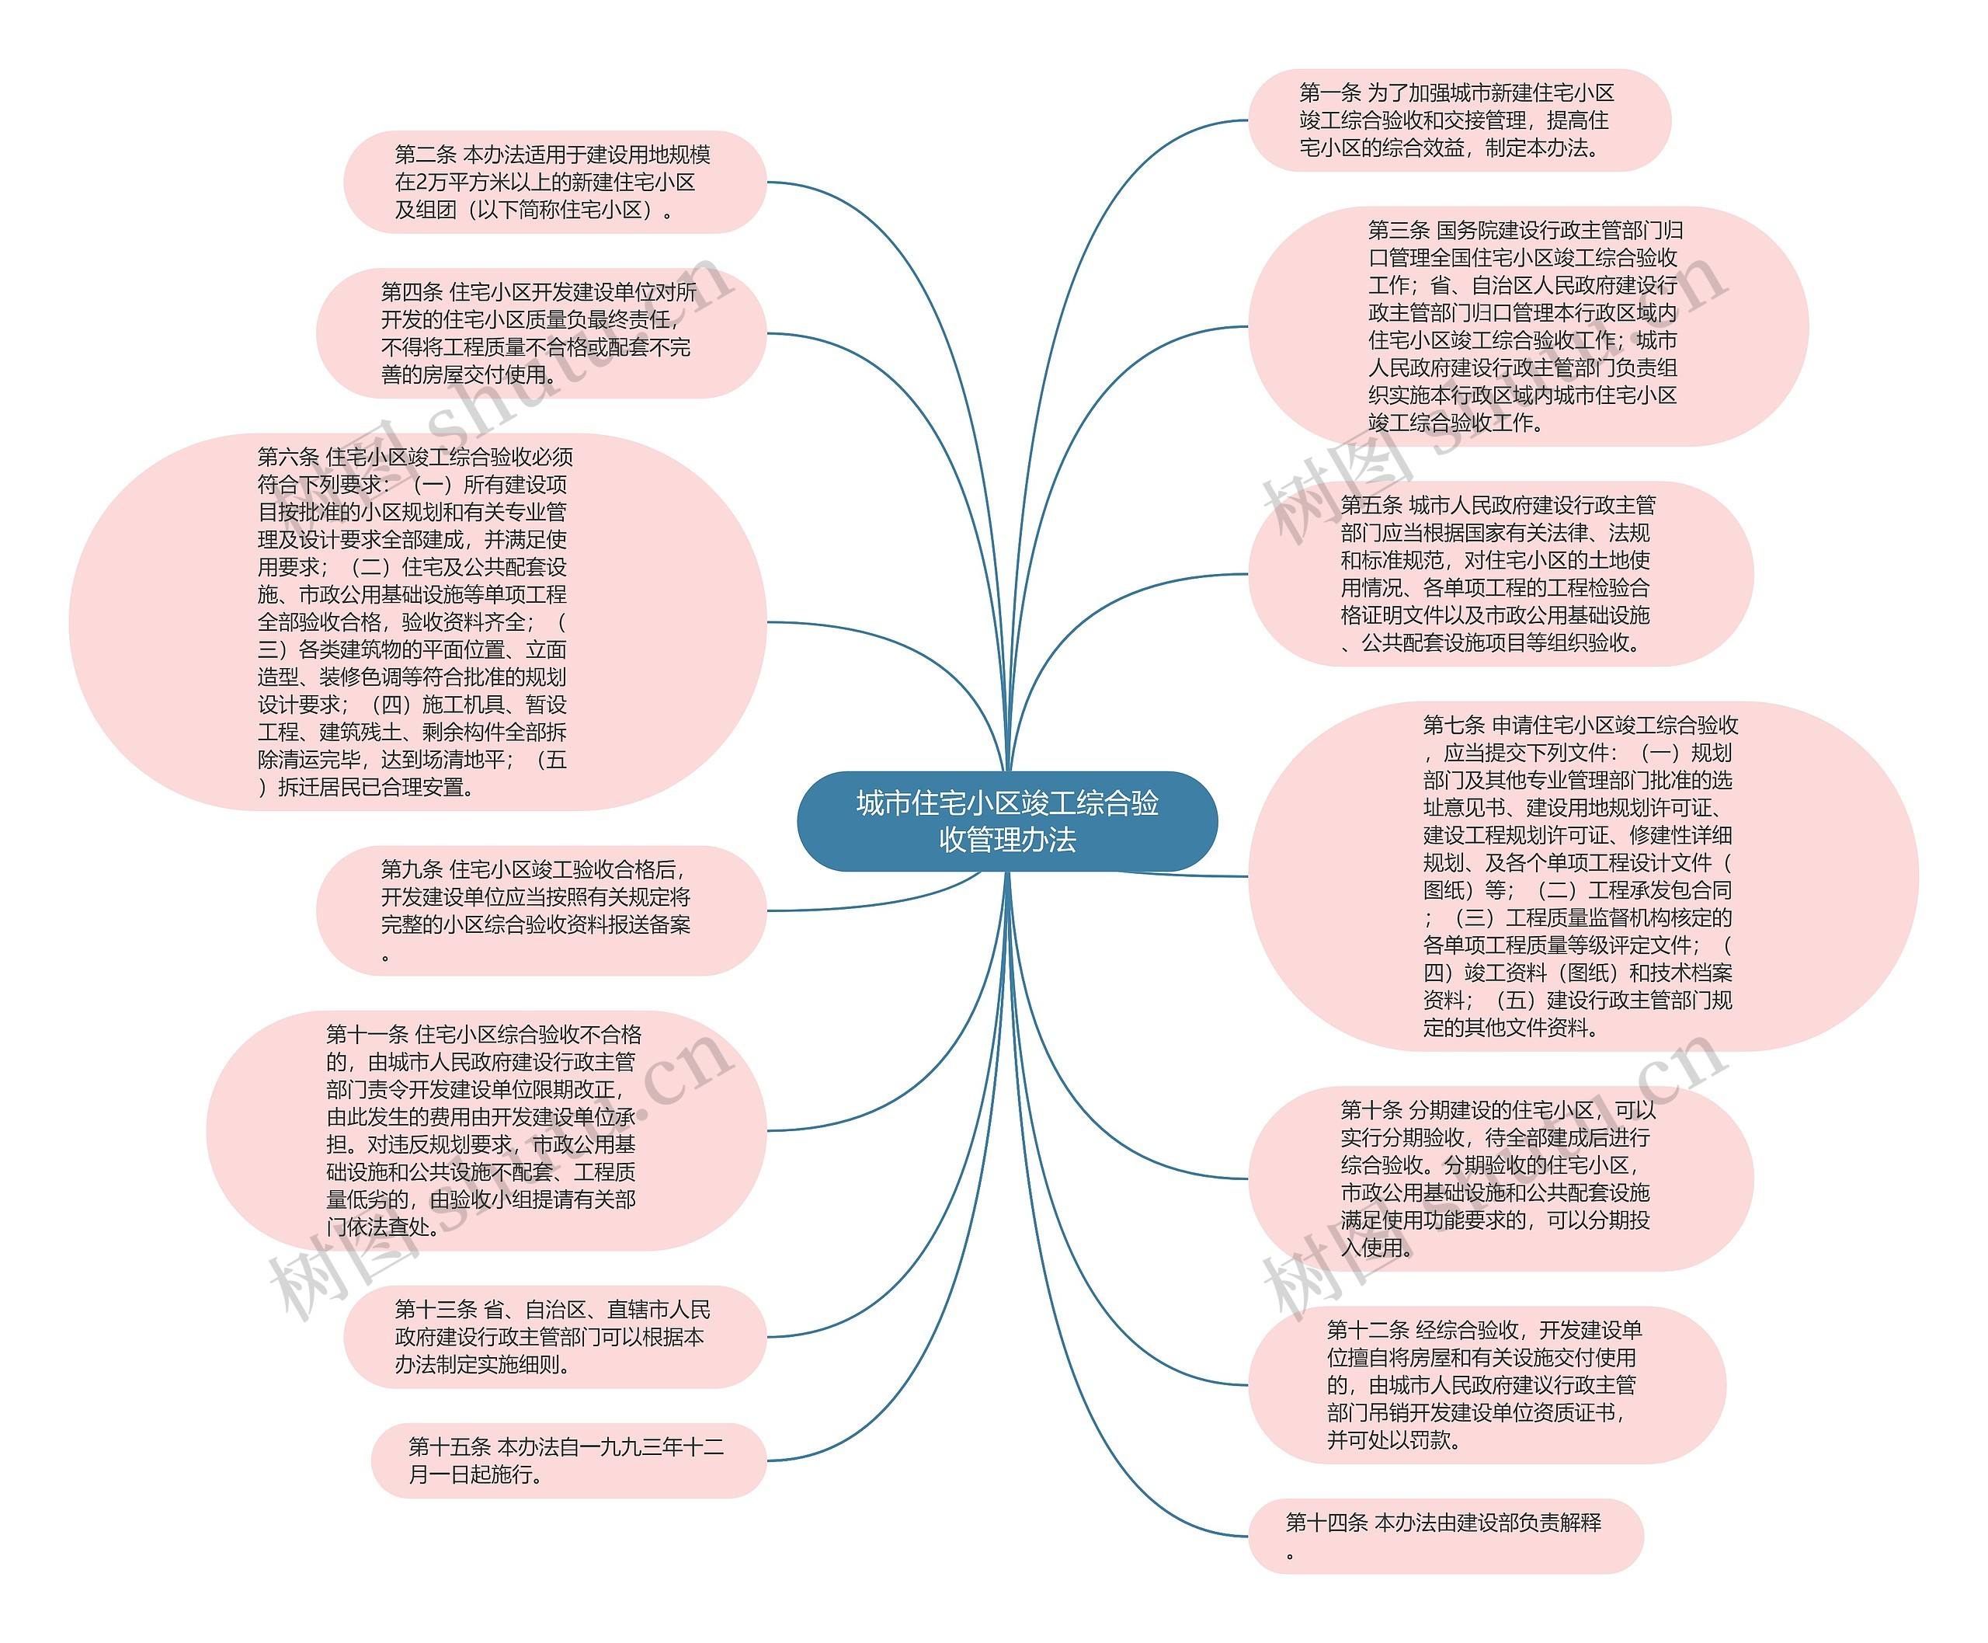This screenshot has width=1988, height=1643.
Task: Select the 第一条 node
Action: tap(1458, 120)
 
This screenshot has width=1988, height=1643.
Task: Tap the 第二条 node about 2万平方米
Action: tap(554, 182)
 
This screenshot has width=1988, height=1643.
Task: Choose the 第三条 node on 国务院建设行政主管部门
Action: tap(1527, 326)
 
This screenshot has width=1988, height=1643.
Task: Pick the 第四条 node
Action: tap(540, 333)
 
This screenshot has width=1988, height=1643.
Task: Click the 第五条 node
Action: tap(1500, 573)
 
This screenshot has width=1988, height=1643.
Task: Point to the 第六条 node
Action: tap(417, 621)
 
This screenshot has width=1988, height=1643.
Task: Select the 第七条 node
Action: tap(1582, 876)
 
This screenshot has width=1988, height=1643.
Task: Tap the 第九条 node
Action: tap(540, 910)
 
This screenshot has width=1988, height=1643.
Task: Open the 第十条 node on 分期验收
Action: tap(1500, 1178)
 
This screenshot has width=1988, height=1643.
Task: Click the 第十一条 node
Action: tap(485, 1130)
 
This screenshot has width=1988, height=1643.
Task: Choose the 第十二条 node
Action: tap(1486, 1384)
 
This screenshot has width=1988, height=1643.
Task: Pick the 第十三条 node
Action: tap(554, 1336)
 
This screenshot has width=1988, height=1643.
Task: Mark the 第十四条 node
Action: tap(1445, 1536)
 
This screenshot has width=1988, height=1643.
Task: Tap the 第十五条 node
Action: tap(568, 1460)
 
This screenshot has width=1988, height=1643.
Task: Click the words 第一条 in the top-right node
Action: tap(1329, 92)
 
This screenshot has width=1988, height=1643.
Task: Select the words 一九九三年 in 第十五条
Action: tap(630, 1446)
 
